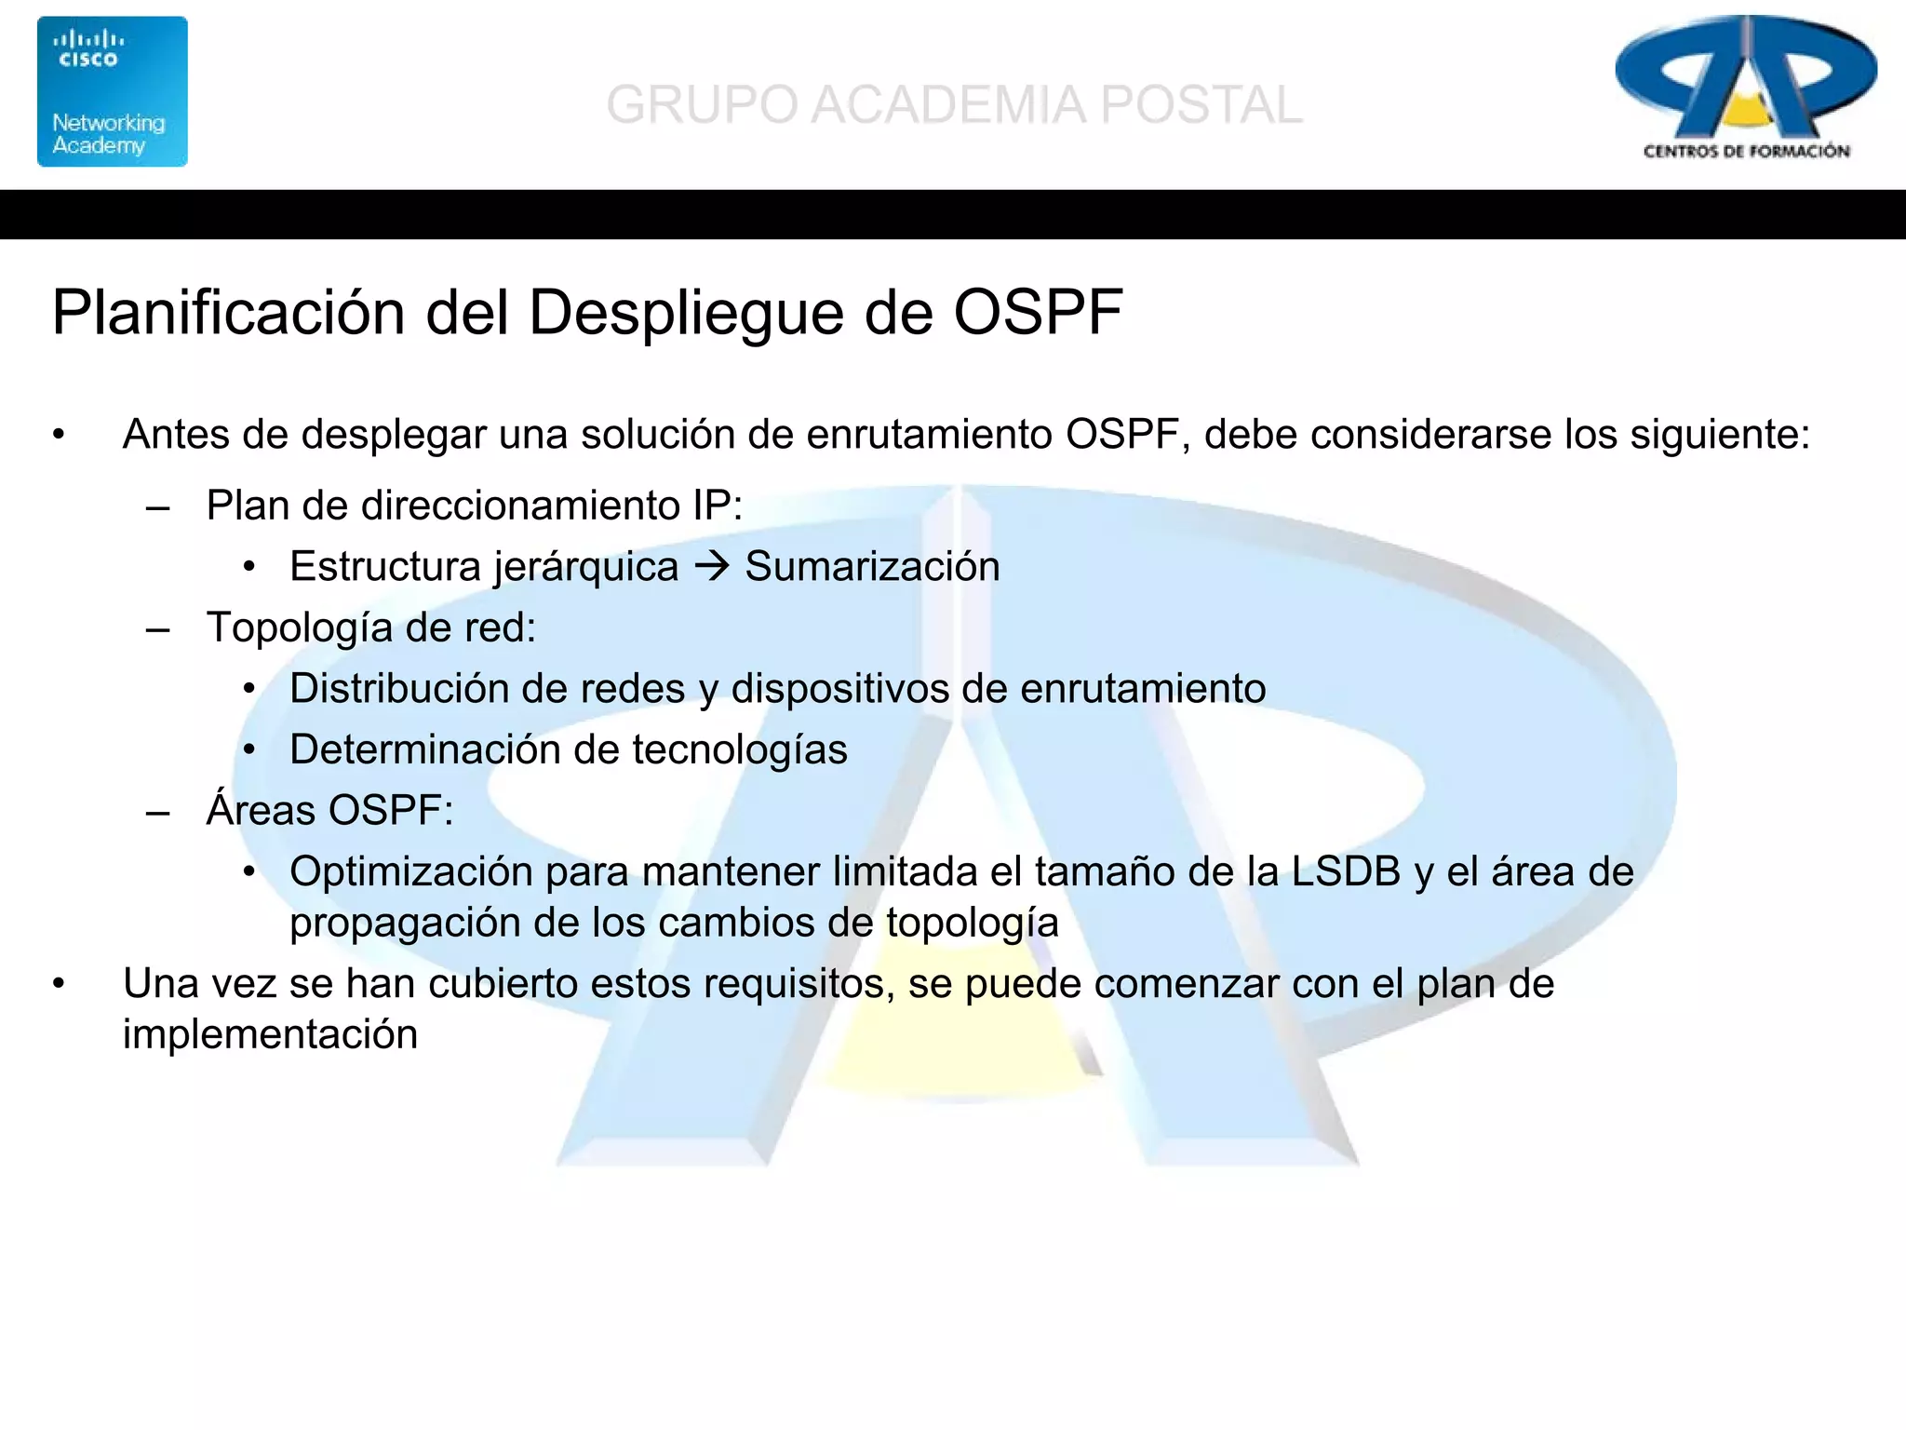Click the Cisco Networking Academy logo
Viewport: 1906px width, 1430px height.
click(112, 91)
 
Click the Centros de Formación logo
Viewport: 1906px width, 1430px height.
click(1746, 88)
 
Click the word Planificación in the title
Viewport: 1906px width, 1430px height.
click(228, 313)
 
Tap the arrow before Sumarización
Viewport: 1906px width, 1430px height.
click(712, 566)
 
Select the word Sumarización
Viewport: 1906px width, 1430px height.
click(872, 566)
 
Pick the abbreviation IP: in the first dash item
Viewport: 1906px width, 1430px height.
click(717, 506)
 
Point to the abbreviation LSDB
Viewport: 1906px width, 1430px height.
click(1346, 871)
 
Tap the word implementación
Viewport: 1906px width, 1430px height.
click(270, 1034)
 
